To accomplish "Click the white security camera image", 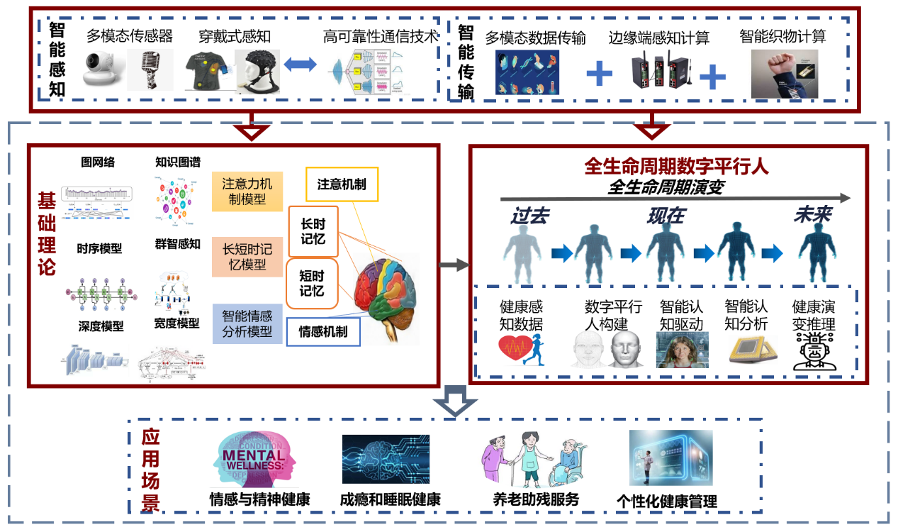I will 103,69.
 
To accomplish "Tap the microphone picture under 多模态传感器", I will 150,70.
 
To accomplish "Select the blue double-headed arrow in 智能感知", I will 299,65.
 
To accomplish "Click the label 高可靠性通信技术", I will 381,36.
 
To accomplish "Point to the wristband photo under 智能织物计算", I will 784,73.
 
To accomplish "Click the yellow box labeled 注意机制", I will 342,185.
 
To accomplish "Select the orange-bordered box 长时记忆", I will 313,231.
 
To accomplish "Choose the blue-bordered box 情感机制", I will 323,331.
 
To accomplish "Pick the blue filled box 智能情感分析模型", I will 247,323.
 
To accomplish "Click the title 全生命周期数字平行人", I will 666,167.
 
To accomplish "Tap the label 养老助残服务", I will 536,499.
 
